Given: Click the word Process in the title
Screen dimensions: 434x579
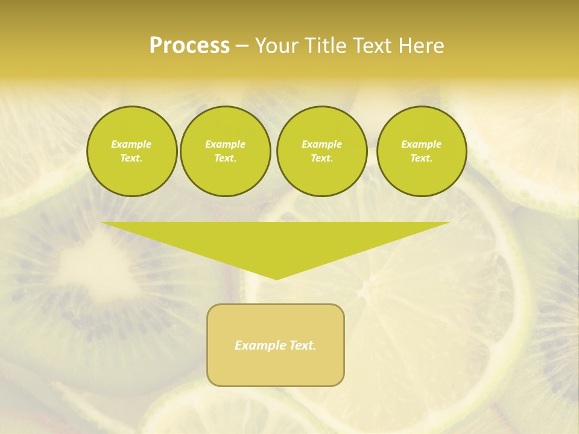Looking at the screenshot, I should pyautogui.click(x=189, y=46).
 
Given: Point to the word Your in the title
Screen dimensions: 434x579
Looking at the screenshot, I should pyautogui.click(x=277, y=46).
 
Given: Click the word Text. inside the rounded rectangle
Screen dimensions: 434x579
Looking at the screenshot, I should pyautogui.click(x=303, y=345).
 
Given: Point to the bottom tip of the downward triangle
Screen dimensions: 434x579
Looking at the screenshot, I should pyautogui.click(x=276, y=279).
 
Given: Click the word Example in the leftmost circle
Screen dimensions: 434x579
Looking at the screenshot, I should pyautogui.click(x=131, y=144).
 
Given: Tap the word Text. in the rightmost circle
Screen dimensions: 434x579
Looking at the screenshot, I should pyautogui.click(x=422, y=159).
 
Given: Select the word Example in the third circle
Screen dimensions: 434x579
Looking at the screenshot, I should pyautogui.click(x=321, y=144).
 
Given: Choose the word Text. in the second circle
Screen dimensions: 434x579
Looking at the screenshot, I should pyautogui.click(x=226, y=159).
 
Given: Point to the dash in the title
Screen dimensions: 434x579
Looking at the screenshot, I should pyautogui.click(x=242, y=46).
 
